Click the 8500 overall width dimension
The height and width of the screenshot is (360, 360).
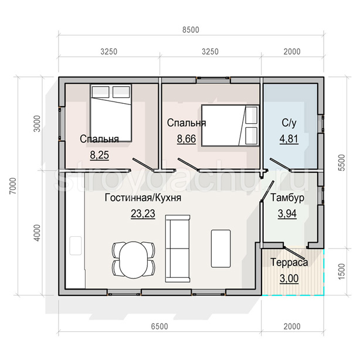point(191,30)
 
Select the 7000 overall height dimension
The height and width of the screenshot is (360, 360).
point(13,186)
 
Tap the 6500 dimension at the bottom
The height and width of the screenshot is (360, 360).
point(159,326)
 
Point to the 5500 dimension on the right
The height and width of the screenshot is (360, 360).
point(342,162)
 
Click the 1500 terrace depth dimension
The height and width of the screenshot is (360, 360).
point(342,271)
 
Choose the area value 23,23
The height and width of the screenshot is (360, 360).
point(143,213)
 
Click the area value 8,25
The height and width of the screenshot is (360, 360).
point(100,155)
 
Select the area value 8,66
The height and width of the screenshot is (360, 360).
point(186,139)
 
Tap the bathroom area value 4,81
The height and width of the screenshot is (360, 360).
point(289,139)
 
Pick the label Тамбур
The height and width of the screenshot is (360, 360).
point(287,198)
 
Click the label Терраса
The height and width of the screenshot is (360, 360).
point(289,262)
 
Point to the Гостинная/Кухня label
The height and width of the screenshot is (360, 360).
point(143,198)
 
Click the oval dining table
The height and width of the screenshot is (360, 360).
point(134,260)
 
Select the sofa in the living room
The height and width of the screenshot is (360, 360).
point(178,249)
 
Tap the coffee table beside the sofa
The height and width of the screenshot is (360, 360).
point(221,249)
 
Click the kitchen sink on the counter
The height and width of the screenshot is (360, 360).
point(76,246)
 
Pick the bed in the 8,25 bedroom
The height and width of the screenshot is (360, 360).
point(111,113)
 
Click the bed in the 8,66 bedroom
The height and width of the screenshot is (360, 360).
point(230,125)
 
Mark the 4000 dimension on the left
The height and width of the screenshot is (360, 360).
point(37,233)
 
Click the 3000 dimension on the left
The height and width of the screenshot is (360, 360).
point(37,124)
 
